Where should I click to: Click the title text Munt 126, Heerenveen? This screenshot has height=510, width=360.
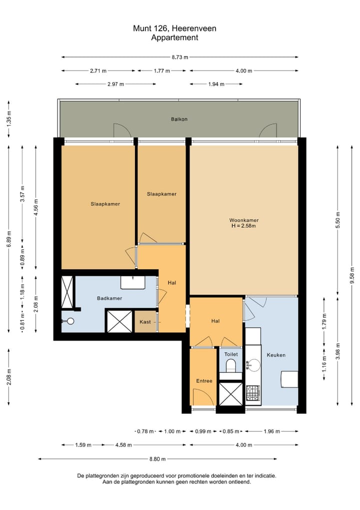point(174,29)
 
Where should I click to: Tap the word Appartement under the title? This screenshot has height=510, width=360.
point(174,37)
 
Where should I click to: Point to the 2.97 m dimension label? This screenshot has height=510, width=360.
point(115,84)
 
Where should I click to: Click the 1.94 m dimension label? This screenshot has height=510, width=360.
point(216,84)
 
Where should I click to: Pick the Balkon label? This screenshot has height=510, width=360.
point(179,119)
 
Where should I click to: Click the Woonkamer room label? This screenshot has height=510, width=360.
point(243,220)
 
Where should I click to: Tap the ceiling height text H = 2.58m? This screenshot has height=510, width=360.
point(243,226)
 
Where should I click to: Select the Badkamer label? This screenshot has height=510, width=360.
point(109,298)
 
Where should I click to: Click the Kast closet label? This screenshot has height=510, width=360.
point(145,322)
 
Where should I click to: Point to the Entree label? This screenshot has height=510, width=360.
point(204,381)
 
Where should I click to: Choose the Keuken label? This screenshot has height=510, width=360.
point(276,355)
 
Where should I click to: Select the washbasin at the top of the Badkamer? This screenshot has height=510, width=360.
point(133,282)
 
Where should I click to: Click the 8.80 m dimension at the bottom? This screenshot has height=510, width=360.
point(157,458)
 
